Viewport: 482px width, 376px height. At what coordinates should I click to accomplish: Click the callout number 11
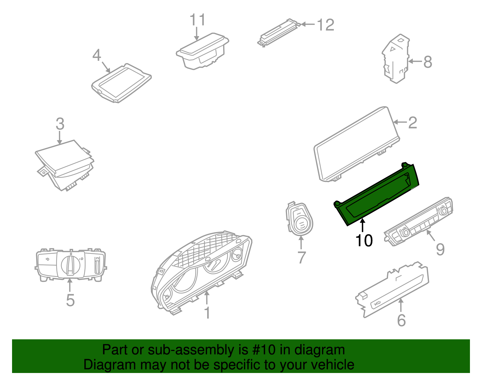tap(198, 20)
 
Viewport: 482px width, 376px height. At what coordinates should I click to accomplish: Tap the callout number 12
tap(326, 25)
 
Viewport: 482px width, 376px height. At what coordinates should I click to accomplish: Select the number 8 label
tap(428, 62)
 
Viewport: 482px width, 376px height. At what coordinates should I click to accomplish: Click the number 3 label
tap(60, 124)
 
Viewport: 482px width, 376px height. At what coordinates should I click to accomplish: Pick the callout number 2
tap(413, 123)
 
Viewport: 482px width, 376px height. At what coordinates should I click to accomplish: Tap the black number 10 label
tap(364, 240)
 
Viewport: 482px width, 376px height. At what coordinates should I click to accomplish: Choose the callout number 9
tap(440, 249)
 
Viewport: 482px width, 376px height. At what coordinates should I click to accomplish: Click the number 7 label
tap(301, 257)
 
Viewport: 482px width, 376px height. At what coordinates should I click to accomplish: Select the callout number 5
tap(70, 300)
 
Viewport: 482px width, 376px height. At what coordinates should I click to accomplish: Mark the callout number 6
tap(402, 320)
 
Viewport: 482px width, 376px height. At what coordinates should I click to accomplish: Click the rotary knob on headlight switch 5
tap(70, 265)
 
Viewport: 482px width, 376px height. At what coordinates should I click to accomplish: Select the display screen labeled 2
tap(357, 144)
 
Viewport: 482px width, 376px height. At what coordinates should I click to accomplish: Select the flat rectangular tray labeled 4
tap(121, 83)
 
